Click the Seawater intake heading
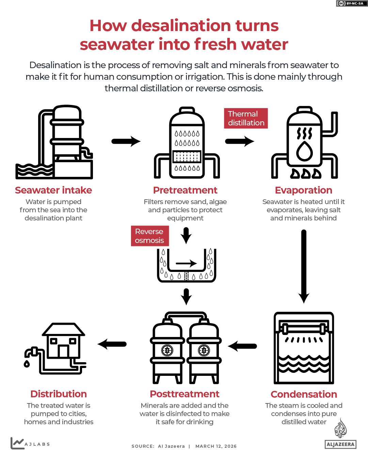pos(53,190)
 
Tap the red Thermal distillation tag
pos(246,118)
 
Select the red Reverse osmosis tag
pos(150,236)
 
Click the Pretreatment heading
pos(185,190)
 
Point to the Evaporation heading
pos(303,190)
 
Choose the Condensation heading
pos(304,394)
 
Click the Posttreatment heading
pos(185,394)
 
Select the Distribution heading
pos(59,394)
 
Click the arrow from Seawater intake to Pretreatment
pos(126,141)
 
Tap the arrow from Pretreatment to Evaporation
pos(240,141)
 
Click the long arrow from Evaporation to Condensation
pos(304,266)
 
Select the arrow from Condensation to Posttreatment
pos(242,346)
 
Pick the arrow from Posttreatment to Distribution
pos(112,344)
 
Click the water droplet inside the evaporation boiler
pos(304,151)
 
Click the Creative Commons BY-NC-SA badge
pos(352,3)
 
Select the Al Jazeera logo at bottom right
pos(340,434)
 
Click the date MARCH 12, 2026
pos(216,446)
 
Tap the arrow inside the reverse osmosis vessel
pos(186,263)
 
